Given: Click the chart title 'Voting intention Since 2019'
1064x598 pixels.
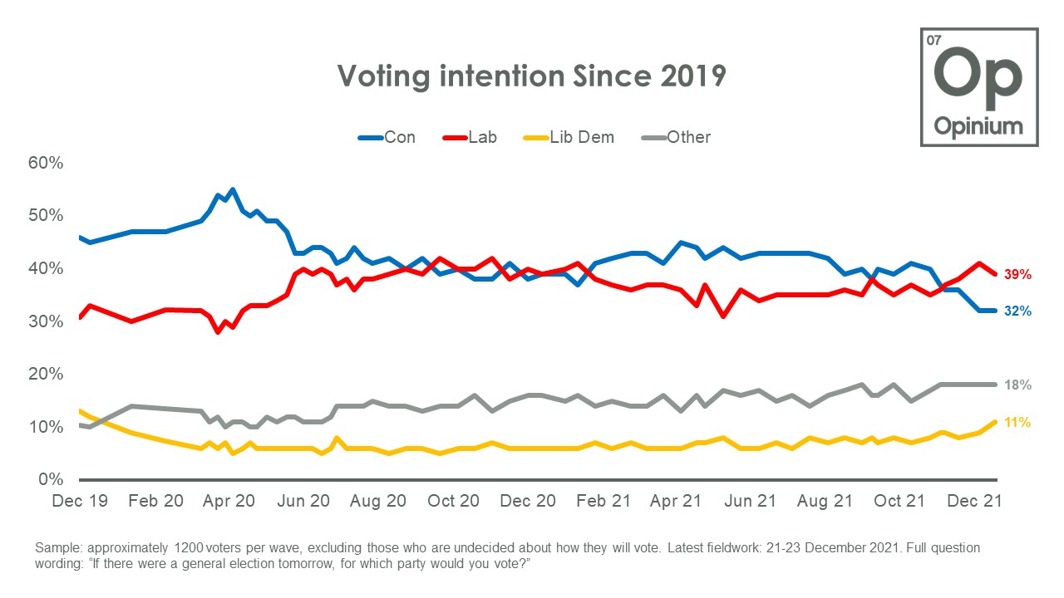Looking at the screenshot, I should (531, 76).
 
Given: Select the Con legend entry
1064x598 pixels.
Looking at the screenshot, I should (387, 137).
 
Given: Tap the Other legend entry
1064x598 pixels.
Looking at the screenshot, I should (677, 137).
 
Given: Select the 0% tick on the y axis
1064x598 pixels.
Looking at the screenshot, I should (52, 480).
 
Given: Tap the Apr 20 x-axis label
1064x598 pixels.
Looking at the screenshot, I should (229, 501).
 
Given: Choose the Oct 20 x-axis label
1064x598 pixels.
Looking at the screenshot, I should (453, 501).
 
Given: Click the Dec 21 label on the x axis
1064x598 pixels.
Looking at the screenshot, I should (976, 501).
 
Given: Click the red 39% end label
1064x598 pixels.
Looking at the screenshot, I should (1018, 274).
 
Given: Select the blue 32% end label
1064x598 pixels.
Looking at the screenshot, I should (1018, 311).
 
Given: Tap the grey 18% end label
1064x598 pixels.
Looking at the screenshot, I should (1018, 385).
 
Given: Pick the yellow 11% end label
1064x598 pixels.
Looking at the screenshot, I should (1018, 423).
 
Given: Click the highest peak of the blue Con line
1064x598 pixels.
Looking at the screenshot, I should (232, 189).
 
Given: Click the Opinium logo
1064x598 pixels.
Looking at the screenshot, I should (978, 87).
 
